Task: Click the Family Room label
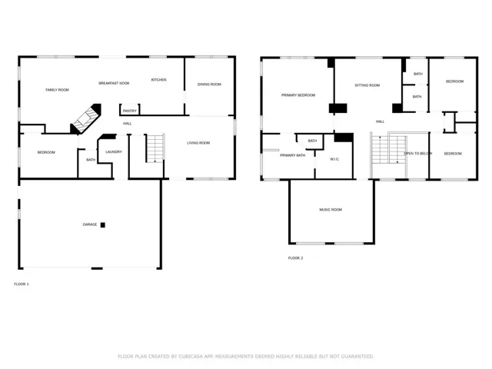pos(57,90)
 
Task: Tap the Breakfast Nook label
pos(114,83)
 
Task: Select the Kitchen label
pos(159,80)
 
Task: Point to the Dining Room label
pos(209,85)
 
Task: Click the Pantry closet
pos(130,109)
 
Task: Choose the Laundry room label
pos(114,152)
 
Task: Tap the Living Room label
pos(198,143)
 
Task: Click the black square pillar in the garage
pos(102,225)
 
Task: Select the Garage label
pos(90,224)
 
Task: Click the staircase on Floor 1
pos(155,148)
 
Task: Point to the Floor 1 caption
pos(22,284)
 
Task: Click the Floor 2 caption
pos(295,258)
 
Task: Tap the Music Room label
pos(331,210)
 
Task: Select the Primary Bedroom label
pos(298,95)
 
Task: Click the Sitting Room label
pos(367,85)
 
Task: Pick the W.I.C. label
pos(334,159)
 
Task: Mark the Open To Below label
pos(417,154)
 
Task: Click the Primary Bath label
pos(292,155)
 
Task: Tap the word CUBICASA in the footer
pos(191,357)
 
